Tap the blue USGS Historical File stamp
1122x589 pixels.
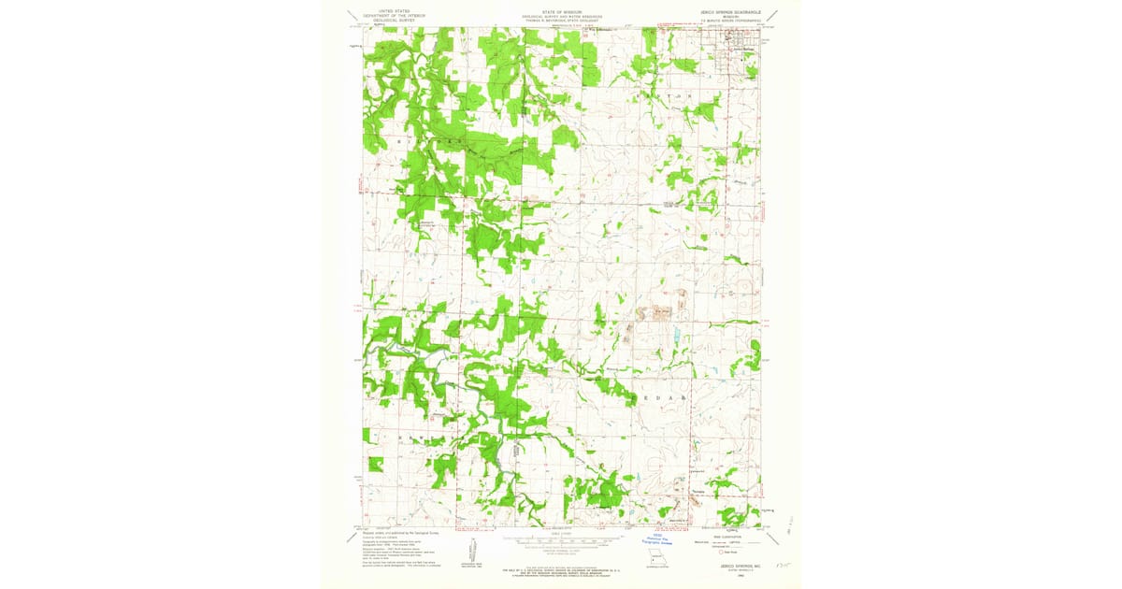tap(659, 540)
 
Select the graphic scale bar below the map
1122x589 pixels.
tap(559, 540)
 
